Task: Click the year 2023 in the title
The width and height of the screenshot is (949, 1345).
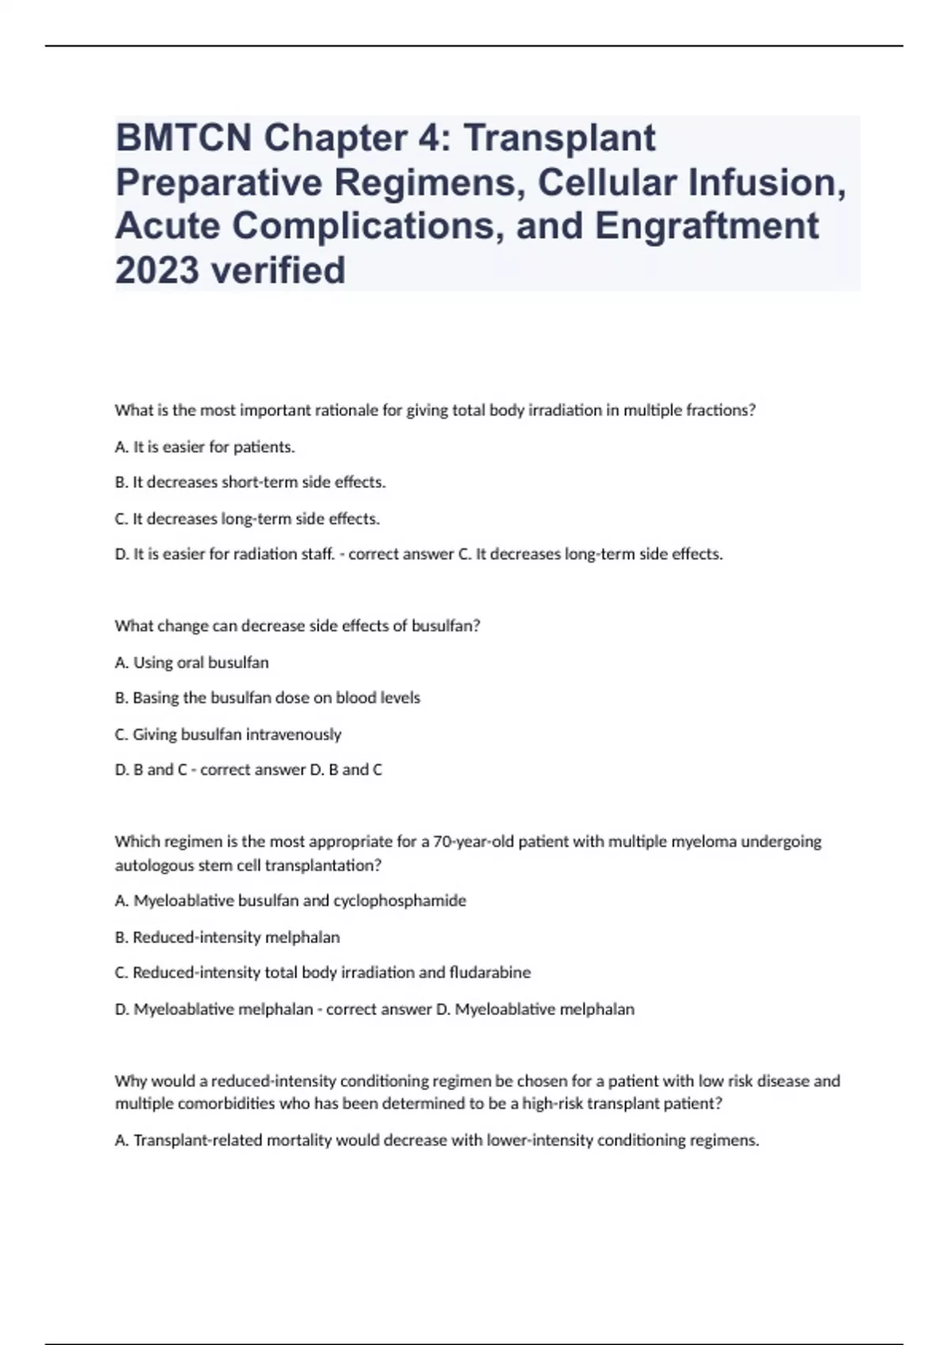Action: (156, 270)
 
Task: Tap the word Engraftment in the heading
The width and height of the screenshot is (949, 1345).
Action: (706, 225)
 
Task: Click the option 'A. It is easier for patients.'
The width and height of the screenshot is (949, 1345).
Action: (205, 447)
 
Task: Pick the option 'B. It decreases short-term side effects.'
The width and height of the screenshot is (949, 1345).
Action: (250, 482)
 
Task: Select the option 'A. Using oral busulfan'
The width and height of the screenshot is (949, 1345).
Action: (191, 662)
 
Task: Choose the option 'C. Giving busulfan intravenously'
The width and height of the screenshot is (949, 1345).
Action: (228, 734)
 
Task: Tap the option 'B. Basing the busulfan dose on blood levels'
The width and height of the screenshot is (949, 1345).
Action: (267, 698)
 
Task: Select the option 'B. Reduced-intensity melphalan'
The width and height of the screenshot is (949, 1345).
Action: (227, 938)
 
